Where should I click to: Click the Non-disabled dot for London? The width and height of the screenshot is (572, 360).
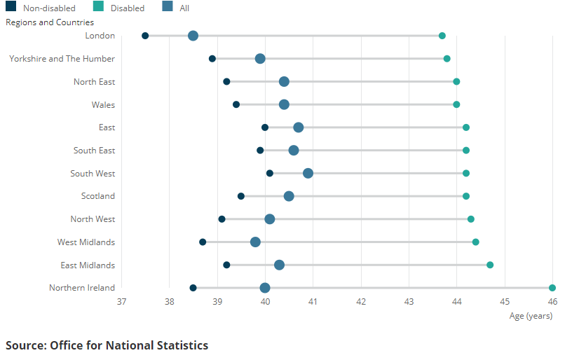(145, 36)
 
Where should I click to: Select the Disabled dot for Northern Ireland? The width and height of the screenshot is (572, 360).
(552, 288)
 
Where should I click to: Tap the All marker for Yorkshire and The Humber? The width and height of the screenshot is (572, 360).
(260, 59)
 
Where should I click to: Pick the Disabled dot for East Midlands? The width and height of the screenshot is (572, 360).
(490, 265)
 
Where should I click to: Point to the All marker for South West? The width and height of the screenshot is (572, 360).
(308, 173)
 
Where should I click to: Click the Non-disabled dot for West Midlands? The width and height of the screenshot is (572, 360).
(203, 242)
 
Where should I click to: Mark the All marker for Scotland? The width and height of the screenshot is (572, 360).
(289, 196)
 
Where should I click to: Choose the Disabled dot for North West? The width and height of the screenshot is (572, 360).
(471, 219)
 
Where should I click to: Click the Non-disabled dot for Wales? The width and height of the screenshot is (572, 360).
(236, 104)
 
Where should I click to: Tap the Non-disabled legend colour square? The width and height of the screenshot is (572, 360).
(11, 7)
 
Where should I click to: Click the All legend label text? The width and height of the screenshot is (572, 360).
(184, 8)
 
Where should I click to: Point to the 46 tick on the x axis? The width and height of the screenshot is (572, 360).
(552, 302)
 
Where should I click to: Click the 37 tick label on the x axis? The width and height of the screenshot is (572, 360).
(122, 302)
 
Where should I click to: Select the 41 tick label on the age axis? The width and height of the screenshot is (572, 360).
(313, 302)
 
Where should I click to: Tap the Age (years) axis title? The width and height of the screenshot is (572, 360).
(531, 316)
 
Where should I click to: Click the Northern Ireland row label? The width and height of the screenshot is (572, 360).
(82, 288)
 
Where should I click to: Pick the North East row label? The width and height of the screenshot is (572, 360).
(94, 82)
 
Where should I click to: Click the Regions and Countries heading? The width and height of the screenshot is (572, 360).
(50, 22)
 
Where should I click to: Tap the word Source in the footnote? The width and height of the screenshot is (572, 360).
(24, 345)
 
